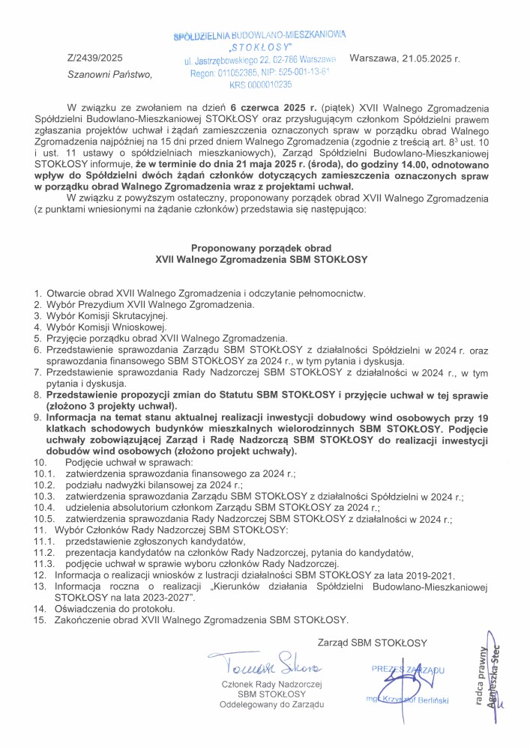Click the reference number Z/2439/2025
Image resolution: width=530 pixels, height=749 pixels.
click(94, 58)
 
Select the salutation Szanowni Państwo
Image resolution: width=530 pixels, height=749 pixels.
click(109, 74)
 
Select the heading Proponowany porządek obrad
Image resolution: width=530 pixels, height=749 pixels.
click(261, 248)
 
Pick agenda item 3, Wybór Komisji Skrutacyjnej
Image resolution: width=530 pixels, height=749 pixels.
click(101, 316)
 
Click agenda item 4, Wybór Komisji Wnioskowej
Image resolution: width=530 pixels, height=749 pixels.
click(100, 327)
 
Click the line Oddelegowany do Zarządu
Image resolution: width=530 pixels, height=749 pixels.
click(271, 705)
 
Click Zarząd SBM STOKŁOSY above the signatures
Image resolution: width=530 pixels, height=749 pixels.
click(373, 643)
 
